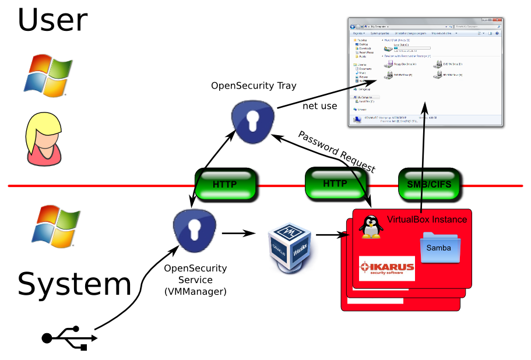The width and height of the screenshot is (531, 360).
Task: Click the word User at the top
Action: point(52,19)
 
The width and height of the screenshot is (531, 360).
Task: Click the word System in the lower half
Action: point(75,285)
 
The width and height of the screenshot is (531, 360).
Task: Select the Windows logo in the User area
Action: point(48,75)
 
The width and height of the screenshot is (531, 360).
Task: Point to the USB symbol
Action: point(69,337)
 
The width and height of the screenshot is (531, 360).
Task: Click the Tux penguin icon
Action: point(370,227)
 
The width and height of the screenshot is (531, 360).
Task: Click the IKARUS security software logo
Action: point(387,268)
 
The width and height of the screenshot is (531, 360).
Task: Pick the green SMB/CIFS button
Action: point(430,184)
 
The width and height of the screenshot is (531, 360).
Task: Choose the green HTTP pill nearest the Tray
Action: point(226,185)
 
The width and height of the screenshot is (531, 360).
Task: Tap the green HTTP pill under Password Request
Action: point(334,184)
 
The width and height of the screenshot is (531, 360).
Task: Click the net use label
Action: point(319,107)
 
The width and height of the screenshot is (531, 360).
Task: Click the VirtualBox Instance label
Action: point(427,219)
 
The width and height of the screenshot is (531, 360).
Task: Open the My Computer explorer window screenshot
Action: point(425,71)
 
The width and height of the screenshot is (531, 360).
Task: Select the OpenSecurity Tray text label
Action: point(254,86)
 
